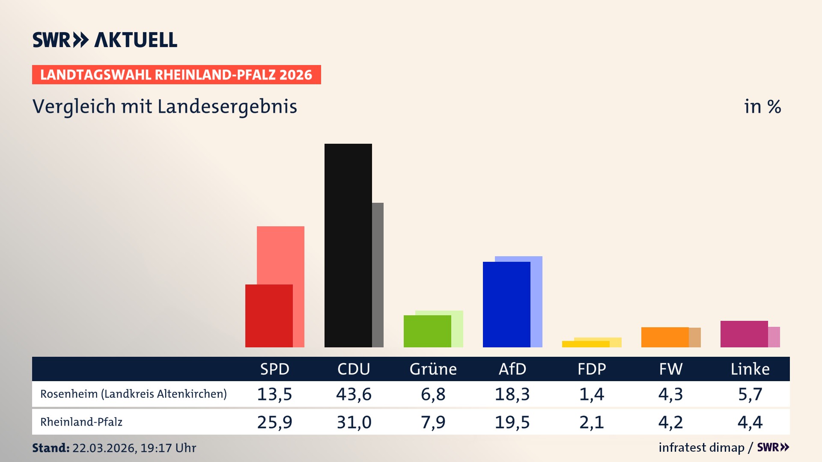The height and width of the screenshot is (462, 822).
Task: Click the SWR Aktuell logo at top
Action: click(104, 40)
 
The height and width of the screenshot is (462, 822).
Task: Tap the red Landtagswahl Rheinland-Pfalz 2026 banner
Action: click(176, 75)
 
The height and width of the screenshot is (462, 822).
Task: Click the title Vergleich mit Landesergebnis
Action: click(164, 107)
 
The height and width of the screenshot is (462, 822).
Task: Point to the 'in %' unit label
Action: click(762, 107)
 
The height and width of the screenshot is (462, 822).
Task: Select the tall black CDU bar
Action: click(348, 245)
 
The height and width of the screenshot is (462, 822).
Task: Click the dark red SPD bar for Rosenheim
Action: click(268, 316)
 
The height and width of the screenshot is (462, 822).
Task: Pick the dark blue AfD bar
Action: click(506, 304)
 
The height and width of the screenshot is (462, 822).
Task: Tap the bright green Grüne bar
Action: click(427, 331)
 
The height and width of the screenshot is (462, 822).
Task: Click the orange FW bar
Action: click(664, 337)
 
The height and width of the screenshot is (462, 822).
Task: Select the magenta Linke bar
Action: click(744, 334)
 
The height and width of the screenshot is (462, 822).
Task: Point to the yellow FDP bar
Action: click(585, 344)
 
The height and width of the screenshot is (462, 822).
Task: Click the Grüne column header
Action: click(433, 369)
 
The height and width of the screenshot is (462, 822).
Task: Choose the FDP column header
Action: click(591, 369)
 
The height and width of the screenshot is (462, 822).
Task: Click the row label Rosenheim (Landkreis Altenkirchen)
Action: click(133, 394)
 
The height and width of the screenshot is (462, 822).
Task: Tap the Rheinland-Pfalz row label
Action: click(81, 422)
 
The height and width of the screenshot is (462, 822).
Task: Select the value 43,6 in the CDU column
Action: click(354, 394)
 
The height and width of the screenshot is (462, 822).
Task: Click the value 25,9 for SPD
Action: click(274, 422)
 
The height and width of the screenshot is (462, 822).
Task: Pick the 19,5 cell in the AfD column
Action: click(512, 422)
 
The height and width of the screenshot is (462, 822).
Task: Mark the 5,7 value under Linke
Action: click(750, 394)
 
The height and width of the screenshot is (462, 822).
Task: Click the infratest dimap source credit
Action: click(701, 447)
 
